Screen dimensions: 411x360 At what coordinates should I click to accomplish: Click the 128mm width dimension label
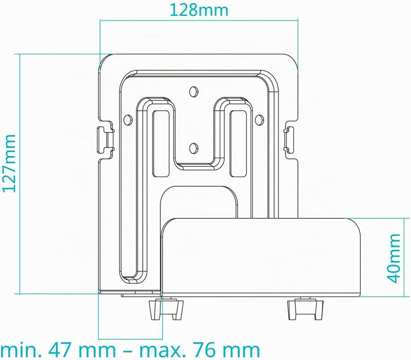click(x=199, y=10)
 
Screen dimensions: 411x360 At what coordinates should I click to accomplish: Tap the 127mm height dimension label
click(x=10, y=163)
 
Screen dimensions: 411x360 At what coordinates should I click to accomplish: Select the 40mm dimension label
click(x=394, y=258)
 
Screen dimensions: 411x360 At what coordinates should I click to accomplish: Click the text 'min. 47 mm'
click(x=58, y=350)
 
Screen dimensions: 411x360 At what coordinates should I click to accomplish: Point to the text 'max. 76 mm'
click(x=199, y=350)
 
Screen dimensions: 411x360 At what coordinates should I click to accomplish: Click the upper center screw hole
click(x=194, y=91)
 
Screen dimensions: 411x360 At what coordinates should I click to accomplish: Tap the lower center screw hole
click(x=194, y=147)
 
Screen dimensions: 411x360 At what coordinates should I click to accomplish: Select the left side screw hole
click(x=128, y=119)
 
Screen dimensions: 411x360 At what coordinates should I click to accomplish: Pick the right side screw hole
click(x=259, y=119)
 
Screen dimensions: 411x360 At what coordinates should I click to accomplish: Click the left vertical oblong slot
click(x=160, y=143)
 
